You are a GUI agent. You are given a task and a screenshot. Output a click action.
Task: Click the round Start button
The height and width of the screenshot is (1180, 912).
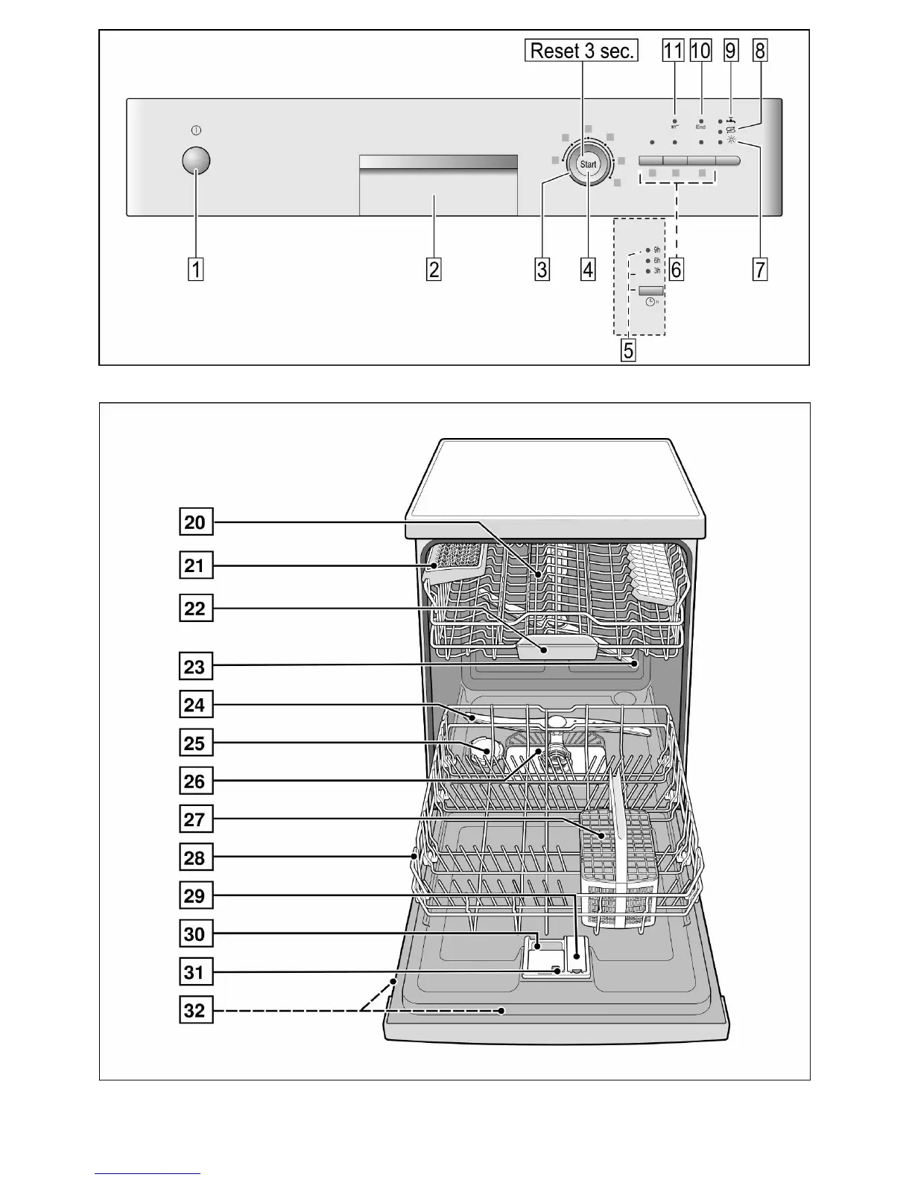(588, 164)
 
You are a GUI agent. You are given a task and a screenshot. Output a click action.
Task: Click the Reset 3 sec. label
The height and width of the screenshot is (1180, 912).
(581, 51)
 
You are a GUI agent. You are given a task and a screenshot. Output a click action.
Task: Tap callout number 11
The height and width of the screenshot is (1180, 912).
(673, 51)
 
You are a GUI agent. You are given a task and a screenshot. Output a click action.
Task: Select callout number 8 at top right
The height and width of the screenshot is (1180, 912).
(759, 51)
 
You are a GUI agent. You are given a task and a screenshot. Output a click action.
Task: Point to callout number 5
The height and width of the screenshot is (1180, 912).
(629, 350)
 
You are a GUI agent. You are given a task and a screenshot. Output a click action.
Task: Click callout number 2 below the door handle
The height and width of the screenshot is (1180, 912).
(434, 269)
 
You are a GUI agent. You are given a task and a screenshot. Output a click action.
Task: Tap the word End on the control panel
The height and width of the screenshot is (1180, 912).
(701, 127)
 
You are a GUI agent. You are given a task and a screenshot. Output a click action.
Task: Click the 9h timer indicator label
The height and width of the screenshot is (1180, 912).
(656, 250)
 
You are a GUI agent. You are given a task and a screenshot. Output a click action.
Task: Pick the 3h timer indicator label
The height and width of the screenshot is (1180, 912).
(656, 271)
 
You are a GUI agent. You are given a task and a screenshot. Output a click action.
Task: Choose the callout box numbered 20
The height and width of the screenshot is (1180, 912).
(195, 522)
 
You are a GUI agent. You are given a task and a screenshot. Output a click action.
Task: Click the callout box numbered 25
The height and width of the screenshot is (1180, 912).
(195, 743)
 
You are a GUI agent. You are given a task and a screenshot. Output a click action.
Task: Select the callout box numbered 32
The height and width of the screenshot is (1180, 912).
(195, 1011)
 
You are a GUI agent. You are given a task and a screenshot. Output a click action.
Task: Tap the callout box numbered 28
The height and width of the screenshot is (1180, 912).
(195, 858)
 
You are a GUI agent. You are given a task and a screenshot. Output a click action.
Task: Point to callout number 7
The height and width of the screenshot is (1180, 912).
(759, 269)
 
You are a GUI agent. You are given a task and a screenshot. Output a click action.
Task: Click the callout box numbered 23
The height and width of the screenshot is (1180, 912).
(195, 666)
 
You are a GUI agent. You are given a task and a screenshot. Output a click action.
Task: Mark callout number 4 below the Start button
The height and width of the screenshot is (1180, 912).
(588, 269)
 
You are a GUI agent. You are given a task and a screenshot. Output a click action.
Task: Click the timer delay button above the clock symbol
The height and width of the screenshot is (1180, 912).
(650, 290)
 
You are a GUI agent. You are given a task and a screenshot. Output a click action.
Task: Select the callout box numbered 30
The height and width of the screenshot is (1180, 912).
(195, 934)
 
